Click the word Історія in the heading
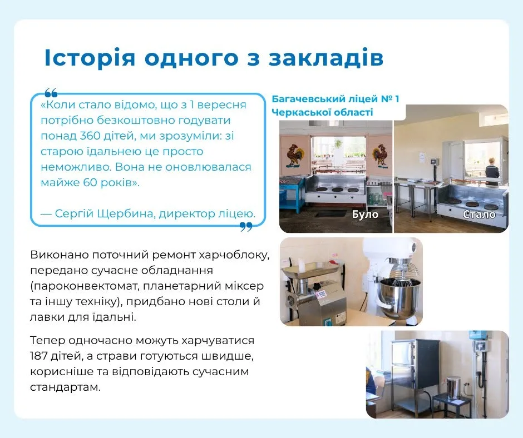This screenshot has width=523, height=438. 90,58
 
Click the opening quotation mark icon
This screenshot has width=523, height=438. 51,92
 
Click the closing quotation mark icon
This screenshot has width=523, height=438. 246,227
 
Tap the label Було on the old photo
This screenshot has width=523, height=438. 365,214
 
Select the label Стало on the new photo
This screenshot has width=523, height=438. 479,215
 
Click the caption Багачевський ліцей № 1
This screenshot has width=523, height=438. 335,99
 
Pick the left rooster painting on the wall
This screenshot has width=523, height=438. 295,155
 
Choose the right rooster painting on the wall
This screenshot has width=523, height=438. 381,155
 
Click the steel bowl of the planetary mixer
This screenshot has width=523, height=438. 399,298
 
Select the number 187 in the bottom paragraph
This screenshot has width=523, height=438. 39,356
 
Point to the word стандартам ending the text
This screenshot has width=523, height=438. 66,387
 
